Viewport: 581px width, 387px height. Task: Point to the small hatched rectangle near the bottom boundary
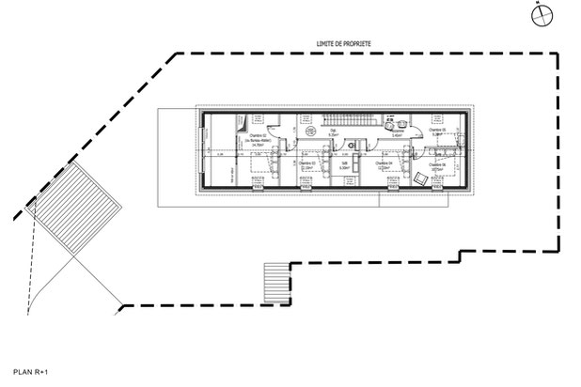(275, 278)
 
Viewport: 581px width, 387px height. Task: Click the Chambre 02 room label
(258, 140)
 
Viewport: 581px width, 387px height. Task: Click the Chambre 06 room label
(435, 166)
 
